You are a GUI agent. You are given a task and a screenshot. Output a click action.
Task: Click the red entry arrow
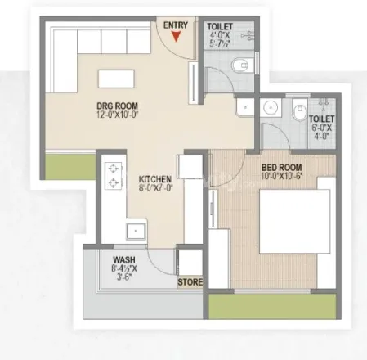[177, 37]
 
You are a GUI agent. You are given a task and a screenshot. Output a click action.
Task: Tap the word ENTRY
[176, 25]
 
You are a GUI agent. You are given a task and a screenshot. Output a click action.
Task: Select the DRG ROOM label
[118, 106]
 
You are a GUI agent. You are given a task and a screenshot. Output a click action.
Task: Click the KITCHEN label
[155, 179]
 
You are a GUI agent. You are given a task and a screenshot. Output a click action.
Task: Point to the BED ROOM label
[281, 168]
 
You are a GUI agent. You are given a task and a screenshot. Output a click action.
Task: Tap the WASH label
[124, 259]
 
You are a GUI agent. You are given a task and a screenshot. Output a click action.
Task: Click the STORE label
[190, 282]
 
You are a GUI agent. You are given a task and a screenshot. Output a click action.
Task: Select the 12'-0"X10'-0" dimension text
[118, 115]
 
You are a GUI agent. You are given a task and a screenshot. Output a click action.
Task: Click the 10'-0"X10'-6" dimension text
[282, 176]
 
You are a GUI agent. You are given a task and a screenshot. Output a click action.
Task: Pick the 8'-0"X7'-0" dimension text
[155, 188]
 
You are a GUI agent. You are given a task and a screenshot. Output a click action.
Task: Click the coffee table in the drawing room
[116, 79]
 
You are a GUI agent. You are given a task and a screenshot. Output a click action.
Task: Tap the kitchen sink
[136, 231]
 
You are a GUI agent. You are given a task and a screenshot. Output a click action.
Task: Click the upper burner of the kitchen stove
[113, 169]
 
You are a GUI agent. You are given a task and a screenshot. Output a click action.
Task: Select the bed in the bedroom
[295, 221]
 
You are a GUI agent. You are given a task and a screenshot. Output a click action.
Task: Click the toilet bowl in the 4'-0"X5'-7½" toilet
[241, 65]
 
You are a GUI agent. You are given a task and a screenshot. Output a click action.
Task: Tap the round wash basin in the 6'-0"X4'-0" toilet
[271, 107]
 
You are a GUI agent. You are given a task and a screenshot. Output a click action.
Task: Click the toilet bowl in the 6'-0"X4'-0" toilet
[299, 110]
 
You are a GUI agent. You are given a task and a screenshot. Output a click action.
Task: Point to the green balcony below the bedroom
[272, 306]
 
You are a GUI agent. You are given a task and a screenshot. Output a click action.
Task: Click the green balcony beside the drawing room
[70, 167]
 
